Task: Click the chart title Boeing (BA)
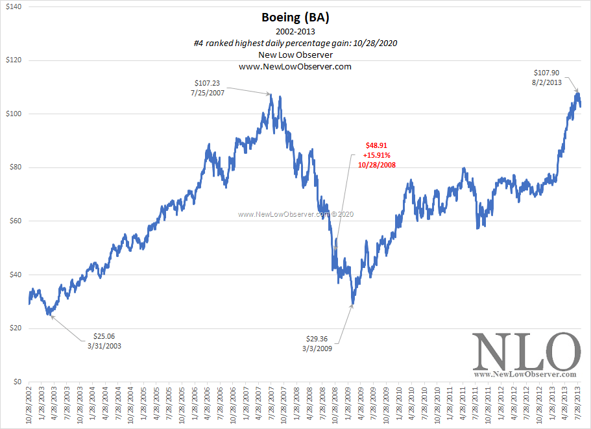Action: (295, 19)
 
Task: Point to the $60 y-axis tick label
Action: (14, 221)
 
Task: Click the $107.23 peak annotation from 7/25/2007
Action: (208, 88)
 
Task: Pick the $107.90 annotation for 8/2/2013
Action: (548, 78)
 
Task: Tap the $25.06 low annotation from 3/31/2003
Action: (103, 341)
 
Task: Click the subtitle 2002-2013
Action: (295, 31)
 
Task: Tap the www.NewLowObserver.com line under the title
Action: (295, 66)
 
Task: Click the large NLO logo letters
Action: (525, 352)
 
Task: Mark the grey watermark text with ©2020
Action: (295, 214)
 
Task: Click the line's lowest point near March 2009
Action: (353, 302)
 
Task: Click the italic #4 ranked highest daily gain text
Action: (295, 43)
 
